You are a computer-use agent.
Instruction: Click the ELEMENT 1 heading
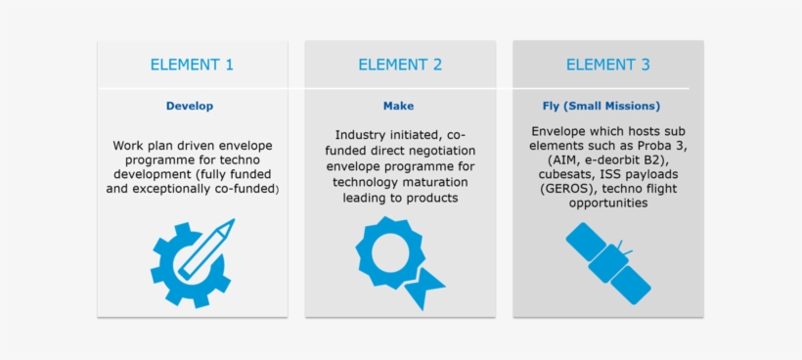[192, 66]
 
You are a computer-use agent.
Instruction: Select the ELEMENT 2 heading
[400, 66]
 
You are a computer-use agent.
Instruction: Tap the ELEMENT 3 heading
[607, 66]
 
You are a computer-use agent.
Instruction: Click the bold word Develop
[190, 106]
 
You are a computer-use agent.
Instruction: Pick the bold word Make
[398, 106]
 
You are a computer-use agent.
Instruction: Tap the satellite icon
[607, 261]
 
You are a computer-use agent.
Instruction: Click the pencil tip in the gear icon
[231, 225]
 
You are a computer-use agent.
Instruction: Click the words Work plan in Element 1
[141, 146]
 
